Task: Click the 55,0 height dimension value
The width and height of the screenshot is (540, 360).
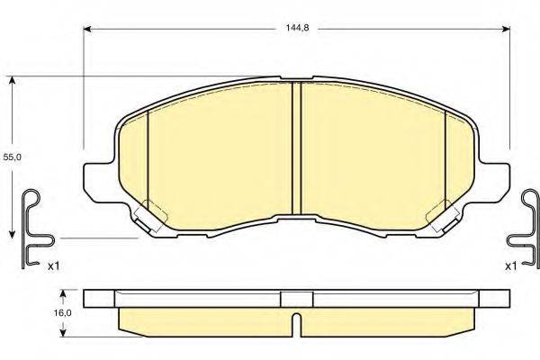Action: tap(12, 157)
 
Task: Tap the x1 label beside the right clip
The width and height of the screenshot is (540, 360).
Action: tap(510, 265)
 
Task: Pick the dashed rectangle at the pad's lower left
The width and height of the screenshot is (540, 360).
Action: tap(156, 214)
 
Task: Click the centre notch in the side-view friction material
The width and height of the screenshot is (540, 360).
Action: tap(296, 320)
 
